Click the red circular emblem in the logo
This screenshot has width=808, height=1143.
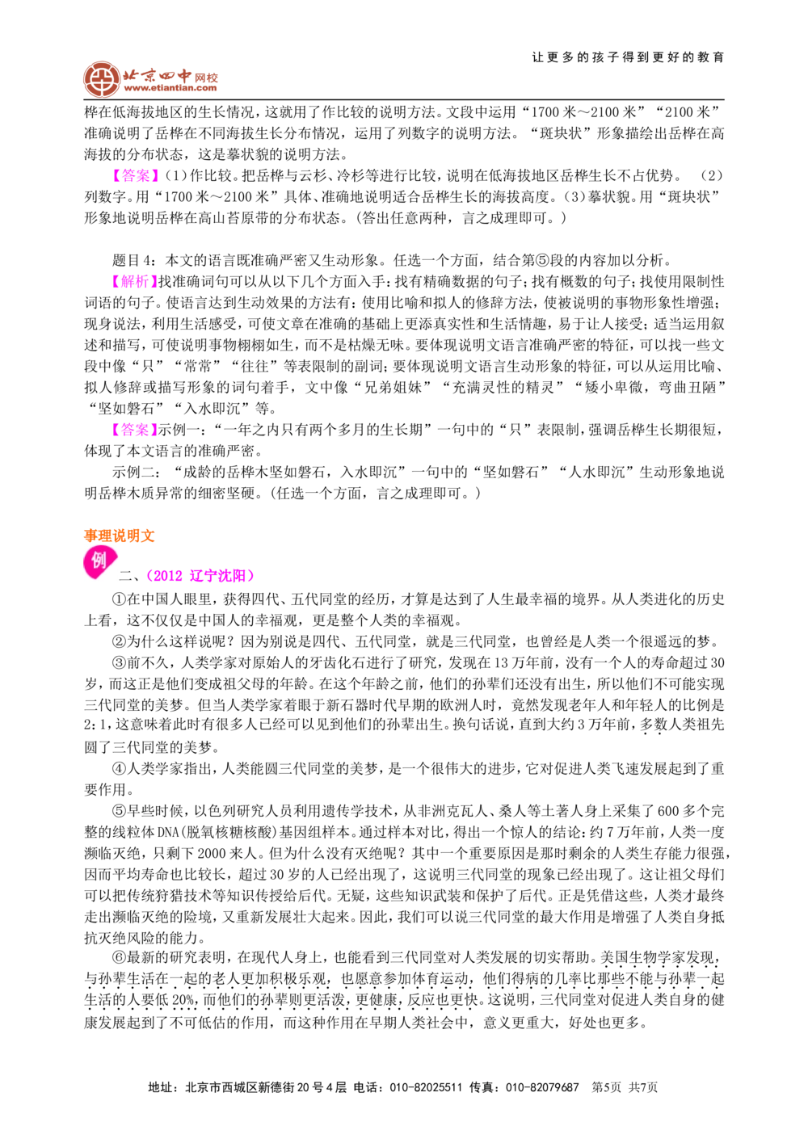click(102, 79)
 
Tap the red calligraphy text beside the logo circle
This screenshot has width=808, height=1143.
click(170, 78)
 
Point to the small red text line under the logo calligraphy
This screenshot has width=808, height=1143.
click(170, 90)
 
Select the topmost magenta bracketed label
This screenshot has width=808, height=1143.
click(136, 176)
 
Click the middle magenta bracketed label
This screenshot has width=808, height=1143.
click(134, 281)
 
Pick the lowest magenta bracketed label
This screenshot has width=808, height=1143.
click(134, 430)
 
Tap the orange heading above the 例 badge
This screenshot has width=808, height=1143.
click(119, 535)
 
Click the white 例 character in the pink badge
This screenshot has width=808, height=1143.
click(99, 560)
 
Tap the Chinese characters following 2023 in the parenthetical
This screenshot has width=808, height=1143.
click(218, 576)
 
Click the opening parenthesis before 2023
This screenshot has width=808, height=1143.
click(147, 576)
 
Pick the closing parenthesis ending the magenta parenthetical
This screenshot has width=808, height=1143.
click(252, 576)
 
